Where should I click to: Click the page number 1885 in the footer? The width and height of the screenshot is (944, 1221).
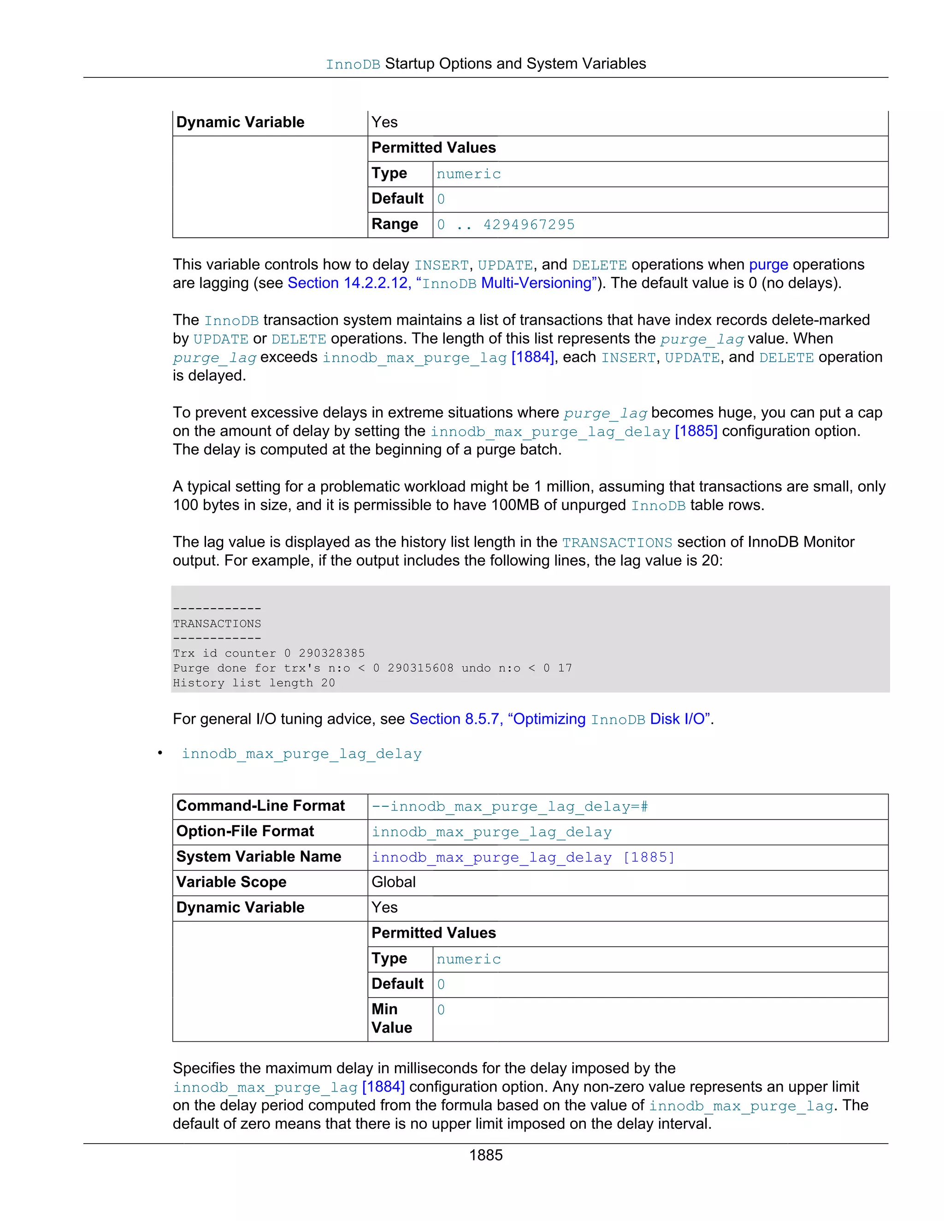(485, 1155)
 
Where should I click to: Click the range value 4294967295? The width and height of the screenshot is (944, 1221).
(529, 225)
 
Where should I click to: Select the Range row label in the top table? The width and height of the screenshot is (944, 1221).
(395, 224)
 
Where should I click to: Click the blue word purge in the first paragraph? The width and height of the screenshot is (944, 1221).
(768, 264)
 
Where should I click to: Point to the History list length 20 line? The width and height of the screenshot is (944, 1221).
(254, 683)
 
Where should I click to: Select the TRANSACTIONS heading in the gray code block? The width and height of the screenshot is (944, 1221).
(217, 623)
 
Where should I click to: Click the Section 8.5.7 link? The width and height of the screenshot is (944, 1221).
(454, 719)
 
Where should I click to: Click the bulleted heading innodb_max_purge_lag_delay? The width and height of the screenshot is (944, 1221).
(301, 754)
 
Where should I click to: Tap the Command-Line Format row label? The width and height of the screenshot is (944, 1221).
(260, 805)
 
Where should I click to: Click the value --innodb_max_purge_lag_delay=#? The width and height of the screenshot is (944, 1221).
(509, 807)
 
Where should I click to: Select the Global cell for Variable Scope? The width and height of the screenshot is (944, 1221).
(394, 882)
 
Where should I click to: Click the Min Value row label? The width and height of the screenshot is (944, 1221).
(391, 1018)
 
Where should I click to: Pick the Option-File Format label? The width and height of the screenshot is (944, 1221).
(245, 831)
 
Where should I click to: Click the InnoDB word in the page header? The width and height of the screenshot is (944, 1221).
(353, 65)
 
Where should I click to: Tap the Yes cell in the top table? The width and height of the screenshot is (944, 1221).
(385, 123)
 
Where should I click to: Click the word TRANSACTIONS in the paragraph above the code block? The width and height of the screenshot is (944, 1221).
(617, 543)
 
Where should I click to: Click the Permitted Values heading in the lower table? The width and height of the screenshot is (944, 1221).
(433, 933)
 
